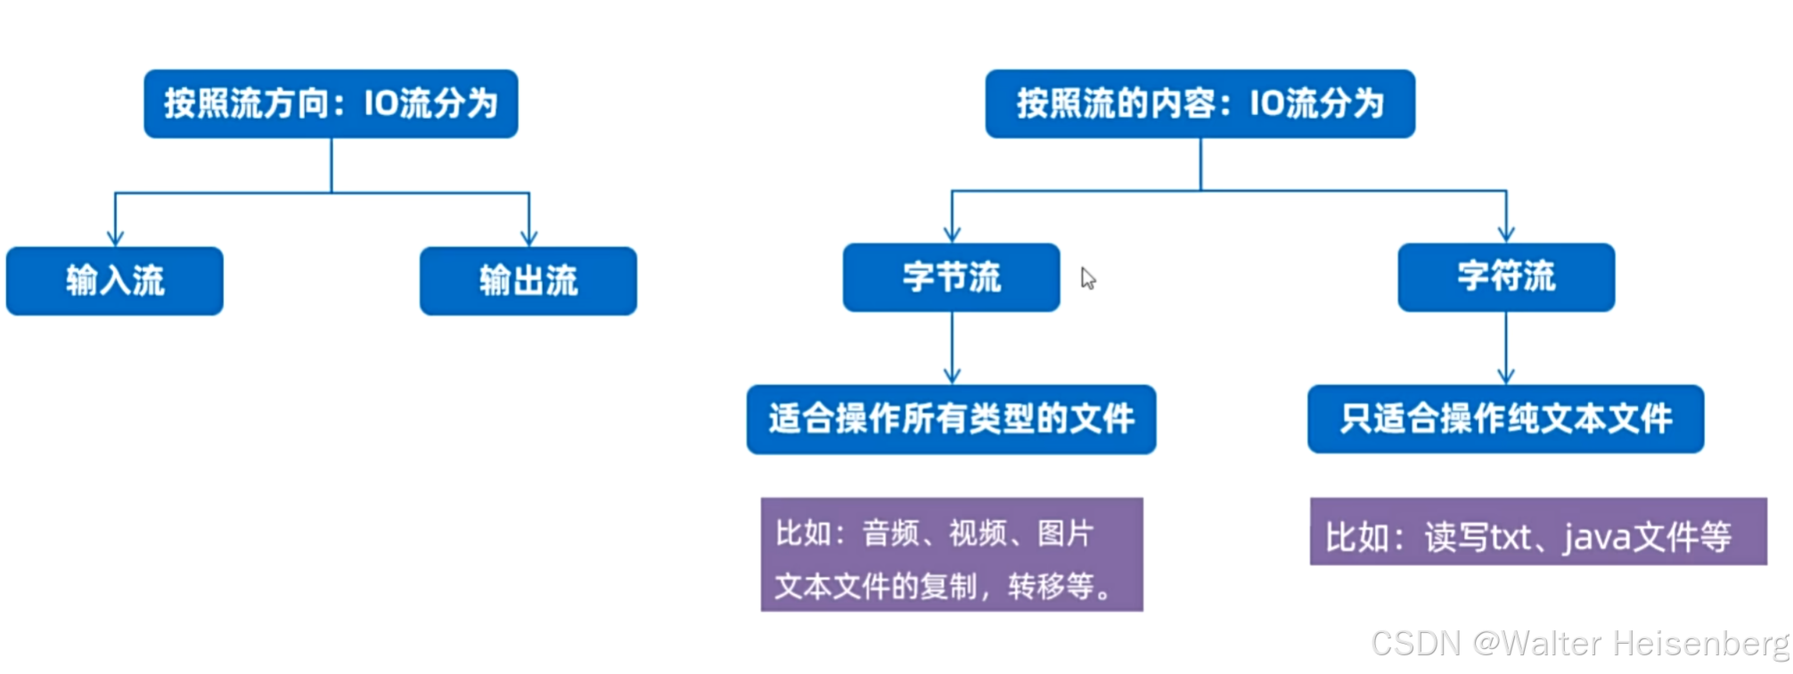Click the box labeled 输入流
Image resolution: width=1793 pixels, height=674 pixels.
point(115,281)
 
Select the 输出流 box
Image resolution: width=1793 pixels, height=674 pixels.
point(528,281)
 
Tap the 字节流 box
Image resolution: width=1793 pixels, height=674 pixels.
point(952,277)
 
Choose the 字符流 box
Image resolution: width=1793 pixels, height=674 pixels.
point(1506,277)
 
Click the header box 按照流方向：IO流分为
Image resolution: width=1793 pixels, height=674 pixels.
point(331,103)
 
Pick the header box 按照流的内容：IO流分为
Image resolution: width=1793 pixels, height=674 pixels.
point(1200,103)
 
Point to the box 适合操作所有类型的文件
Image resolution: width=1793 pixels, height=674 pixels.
point(952,419)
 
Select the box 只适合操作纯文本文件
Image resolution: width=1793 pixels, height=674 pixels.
point(1506,419)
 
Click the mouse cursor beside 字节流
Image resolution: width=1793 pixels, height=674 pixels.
point(1088,278)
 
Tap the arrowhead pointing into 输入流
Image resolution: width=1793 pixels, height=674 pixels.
point(115,238)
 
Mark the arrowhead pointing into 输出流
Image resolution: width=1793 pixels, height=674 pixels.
point(529,238)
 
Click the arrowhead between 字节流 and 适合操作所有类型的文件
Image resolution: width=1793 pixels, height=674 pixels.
point(952,376)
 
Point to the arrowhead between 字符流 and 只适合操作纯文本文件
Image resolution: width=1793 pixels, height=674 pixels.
point(1506,376)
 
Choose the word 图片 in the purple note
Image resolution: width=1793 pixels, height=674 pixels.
point(1066,533)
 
